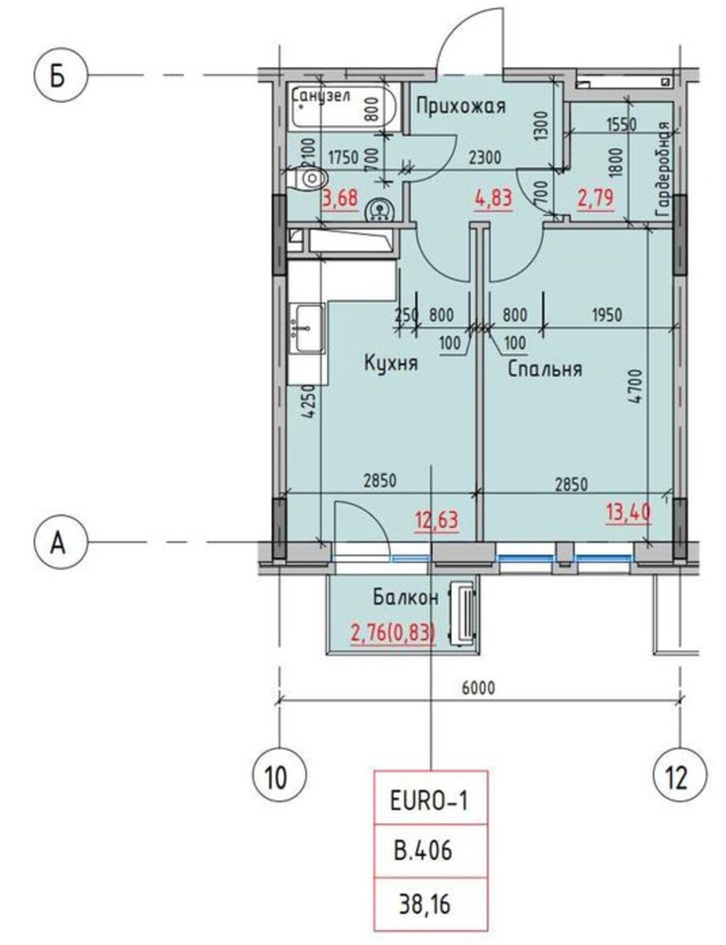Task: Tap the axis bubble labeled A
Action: (x=61, y=542)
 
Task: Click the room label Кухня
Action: (x=391, y=363)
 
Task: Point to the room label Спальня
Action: (x=544, y=369)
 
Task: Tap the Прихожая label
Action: (x=461, y=106)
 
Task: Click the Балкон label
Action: (x=405, y=598)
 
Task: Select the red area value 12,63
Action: (x=436, y=520)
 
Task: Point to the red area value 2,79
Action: (x=596, y=198)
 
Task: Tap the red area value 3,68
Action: (x=341, y=198)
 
